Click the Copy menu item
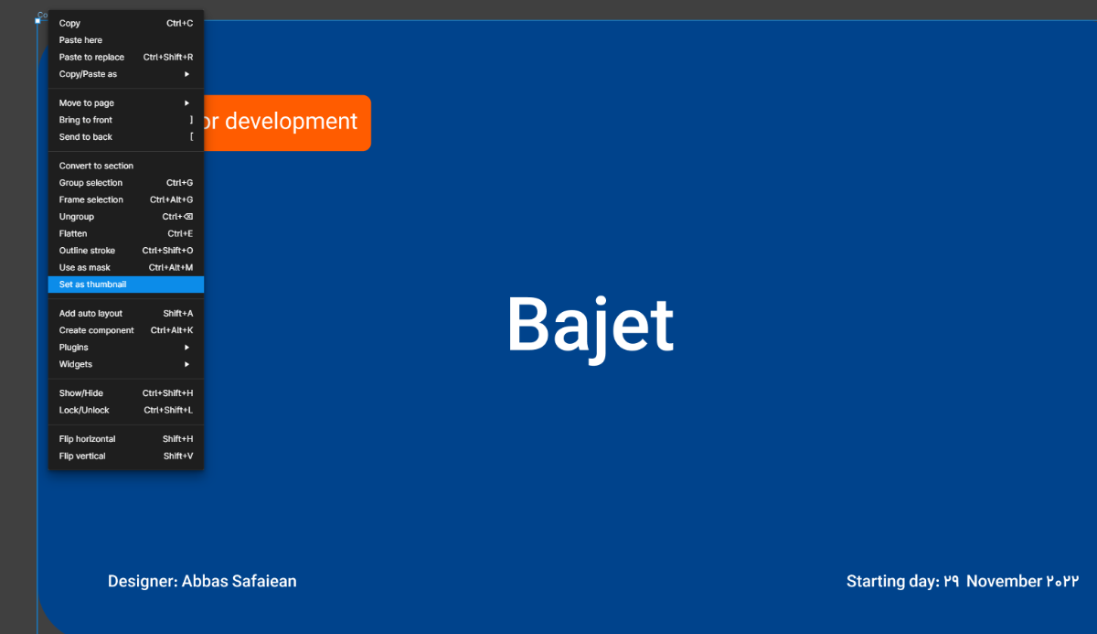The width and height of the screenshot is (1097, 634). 126,23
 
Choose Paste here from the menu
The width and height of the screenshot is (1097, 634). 126,40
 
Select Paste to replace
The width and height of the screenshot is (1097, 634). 126,57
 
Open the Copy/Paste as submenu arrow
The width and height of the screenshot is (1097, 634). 186,74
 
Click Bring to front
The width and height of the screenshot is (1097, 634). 126,120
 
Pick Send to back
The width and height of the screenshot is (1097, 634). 126,136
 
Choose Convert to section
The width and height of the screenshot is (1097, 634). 126,166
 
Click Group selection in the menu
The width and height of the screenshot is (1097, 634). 126,183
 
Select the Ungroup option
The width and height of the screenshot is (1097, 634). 126,217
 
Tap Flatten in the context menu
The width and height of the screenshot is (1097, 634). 126,233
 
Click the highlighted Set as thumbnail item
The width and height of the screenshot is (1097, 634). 126,285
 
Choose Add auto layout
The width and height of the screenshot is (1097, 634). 126,313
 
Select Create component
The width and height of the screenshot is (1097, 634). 126,330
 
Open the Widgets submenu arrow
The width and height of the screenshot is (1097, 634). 186,364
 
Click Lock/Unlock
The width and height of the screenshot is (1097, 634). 126,410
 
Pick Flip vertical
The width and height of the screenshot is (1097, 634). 126,457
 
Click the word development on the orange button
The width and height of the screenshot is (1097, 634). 291,121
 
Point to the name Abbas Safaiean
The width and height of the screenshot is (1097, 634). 239,581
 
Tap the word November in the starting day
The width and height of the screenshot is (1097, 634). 1004,581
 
